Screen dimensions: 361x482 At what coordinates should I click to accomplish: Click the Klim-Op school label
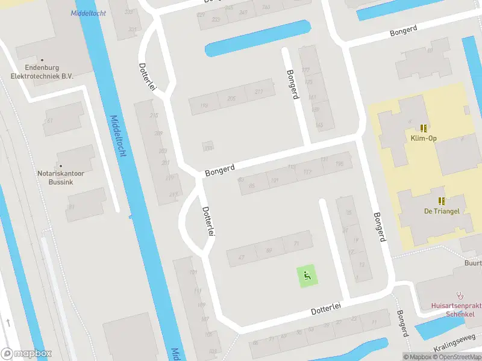[x=424, y=138]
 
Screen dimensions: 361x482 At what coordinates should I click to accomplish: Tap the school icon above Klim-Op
[x=424, y=128]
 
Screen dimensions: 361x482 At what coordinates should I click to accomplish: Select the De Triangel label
[x=442, y=211]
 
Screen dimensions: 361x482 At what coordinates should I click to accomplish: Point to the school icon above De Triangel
[x=442, y=200]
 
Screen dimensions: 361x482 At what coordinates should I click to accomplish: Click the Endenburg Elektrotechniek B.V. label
[x=42, y=72]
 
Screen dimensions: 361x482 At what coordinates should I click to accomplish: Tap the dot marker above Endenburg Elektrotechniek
[x=42, y=60]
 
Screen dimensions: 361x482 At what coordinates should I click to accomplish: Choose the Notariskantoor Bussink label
[x=60, y=177]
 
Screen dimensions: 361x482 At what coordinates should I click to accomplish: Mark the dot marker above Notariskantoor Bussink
[x=60, y=165]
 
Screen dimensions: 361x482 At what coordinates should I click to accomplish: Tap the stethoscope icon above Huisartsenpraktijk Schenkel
[x=461, y=295]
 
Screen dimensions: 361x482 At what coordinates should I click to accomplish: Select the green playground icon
[x=307, y=277]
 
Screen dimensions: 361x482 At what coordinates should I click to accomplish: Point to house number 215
[x=154, y=116]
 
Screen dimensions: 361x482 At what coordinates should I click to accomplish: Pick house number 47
[x=242, y=258]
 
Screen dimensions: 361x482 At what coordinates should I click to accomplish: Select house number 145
[x=319, y=126]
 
